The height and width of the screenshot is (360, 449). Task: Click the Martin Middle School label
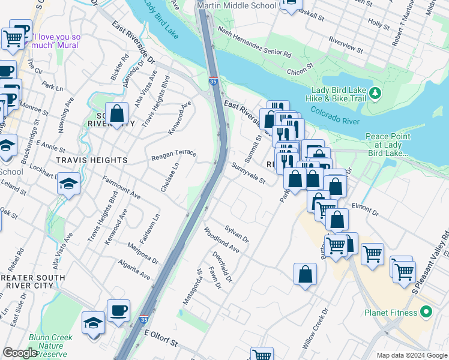point(238,5)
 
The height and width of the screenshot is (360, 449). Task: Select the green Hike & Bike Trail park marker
point(375,93)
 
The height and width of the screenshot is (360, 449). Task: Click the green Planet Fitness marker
point(426,312)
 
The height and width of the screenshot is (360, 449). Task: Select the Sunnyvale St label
point(249,173)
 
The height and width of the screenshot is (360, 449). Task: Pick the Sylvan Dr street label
point(237,234)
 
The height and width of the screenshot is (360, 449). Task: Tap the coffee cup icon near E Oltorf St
point(118,311)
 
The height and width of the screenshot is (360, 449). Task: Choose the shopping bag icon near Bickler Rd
point(116,113)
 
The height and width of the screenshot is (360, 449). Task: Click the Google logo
point(19,353)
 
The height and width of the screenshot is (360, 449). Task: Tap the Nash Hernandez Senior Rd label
point(255,45)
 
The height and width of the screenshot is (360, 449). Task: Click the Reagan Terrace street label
point(173,153)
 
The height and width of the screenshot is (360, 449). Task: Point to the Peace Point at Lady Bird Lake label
point(388,145)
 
